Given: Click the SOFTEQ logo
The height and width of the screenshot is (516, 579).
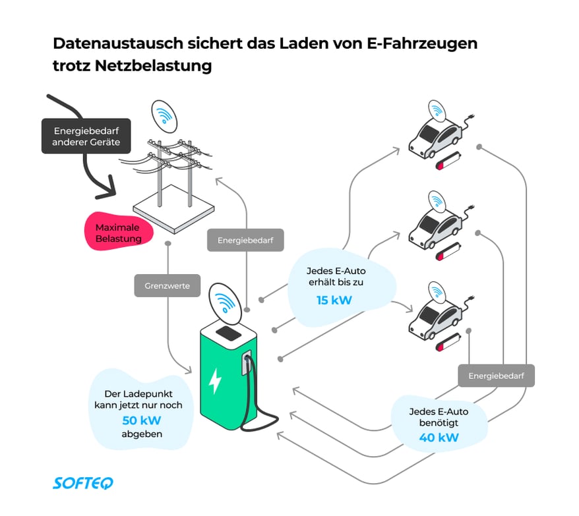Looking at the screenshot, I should (x=82, y=483).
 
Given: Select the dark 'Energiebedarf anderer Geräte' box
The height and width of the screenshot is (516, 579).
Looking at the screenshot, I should (x=86, y=136).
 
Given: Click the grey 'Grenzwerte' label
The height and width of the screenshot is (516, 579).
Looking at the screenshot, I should (x=167, y=287).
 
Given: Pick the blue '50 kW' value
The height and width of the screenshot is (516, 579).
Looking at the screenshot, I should (x=142, y=420).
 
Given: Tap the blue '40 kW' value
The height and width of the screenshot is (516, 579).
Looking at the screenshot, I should (x=439, y=436).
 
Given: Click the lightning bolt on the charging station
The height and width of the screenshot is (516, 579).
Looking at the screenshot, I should (x=215, y=381).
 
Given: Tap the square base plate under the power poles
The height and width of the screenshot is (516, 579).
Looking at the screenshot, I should (x=173, y=211).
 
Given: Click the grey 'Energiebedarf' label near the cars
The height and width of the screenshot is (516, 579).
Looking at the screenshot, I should (x=496, y=376).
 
